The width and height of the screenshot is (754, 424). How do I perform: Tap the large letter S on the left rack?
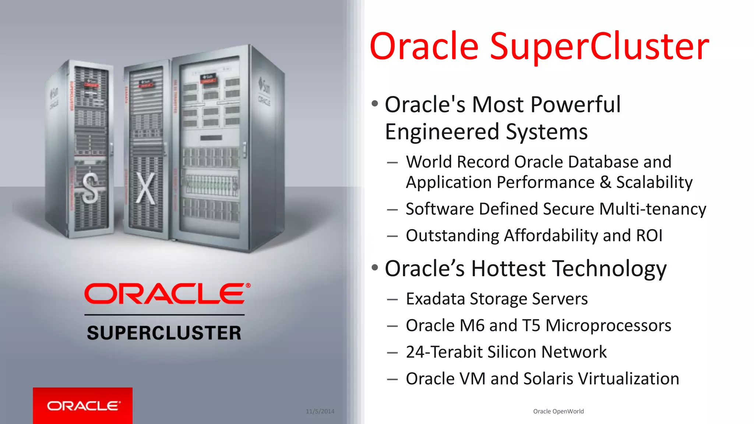(90, 188)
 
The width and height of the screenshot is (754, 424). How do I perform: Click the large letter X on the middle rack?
(146, 188)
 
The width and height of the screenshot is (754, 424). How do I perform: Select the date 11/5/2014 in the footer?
(320, 411)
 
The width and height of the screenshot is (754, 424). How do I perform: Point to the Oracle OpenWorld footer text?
(558, 411)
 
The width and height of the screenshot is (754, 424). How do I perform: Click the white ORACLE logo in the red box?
(83, 406)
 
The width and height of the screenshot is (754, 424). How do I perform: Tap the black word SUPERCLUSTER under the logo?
(164, 333)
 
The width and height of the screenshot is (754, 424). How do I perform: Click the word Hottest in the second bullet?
(509, 268)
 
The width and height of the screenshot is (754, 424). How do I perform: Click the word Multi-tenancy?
(653, 209)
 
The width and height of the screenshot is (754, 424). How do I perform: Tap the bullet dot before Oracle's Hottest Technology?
(375, 267)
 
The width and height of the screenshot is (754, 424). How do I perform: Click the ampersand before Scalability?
(605, 182)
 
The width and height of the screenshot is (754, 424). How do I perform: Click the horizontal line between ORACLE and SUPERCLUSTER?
(164, 315)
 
